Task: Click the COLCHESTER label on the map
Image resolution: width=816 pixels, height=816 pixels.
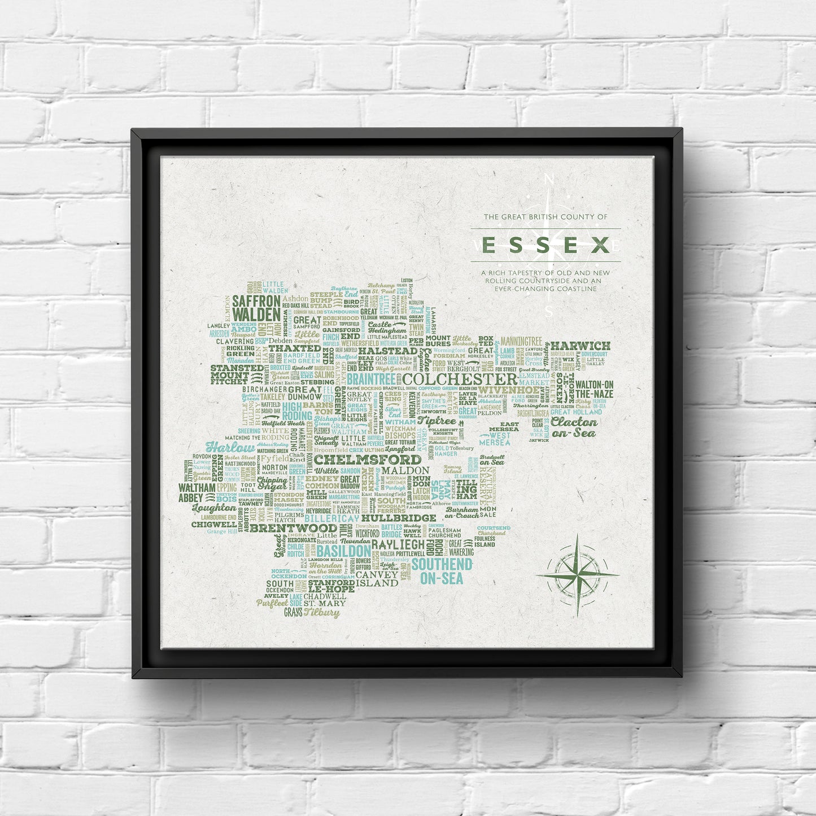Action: pos(461,379)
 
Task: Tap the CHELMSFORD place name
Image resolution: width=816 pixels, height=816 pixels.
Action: pos(368,460)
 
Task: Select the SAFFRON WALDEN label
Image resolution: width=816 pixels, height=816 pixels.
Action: pos(256,307)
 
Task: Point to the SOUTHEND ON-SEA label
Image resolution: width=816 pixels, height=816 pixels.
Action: pos(437,571)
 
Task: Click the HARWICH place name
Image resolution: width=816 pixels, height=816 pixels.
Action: pos(580,346)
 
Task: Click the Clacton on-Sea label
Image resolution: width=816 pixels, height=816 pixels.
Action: pos(574,427)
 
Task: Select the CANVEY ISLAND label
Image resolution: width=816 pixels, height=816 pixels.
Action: pos(377,579)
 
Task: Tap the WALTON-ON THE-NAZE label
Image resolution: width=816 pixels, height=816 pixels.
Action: pos(594,389)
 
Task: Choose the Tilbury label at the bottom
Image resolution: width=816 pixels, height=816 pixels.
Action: pos(322,612)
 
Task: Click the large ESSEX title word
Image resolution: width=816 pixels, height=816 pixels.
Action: pos(546,245)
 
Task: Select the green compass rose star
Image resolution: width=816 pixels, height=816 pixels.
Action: pos(578,575)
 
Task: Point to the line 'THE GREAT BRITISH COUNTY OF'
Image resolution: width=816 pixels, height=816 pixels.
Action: pos(546,217)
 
